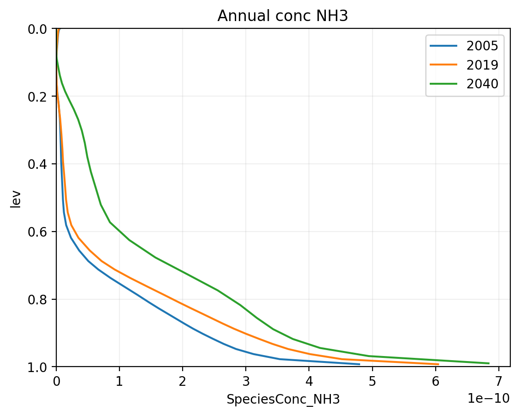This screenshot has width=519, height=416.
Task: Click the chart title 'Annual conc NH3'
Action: [x=282, y=16]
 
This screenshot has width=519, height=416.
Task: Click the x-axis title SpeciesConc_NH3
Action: [x=283, y=400]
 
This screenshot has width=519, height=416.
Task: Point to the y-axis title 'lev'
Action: [x=16, y=198]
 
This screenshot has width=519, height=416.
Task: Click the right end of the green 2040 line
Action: [x=489, y=363]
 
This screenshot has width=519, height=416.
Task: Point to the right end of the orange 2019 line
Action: [x=438, y=364]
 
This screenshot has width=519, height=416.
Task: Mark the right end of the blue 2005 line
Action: [x=359, y=364]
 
